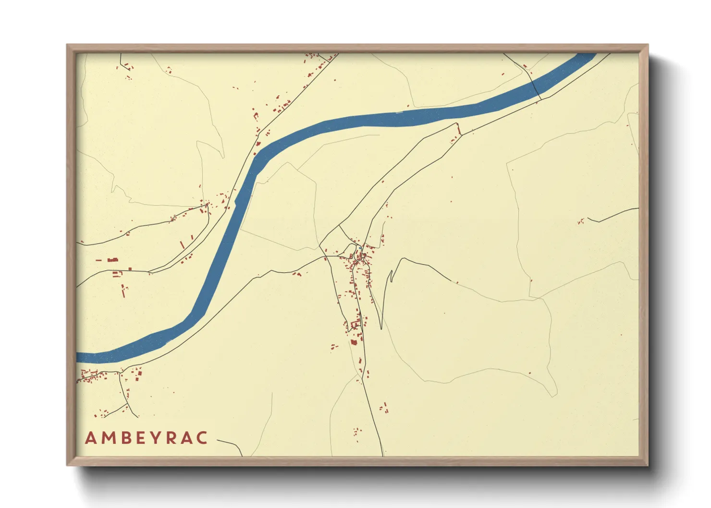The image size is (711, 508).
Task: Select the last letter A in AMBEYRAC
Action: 187,438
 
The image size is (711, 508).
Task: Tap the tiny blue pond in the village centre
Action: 360,248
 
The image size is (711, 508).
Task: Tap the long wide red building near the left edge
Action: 113,260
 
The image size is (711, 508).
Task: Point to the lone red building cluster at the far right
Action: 581,222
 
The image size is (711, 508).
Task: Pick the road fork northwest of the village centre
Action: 340,225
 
